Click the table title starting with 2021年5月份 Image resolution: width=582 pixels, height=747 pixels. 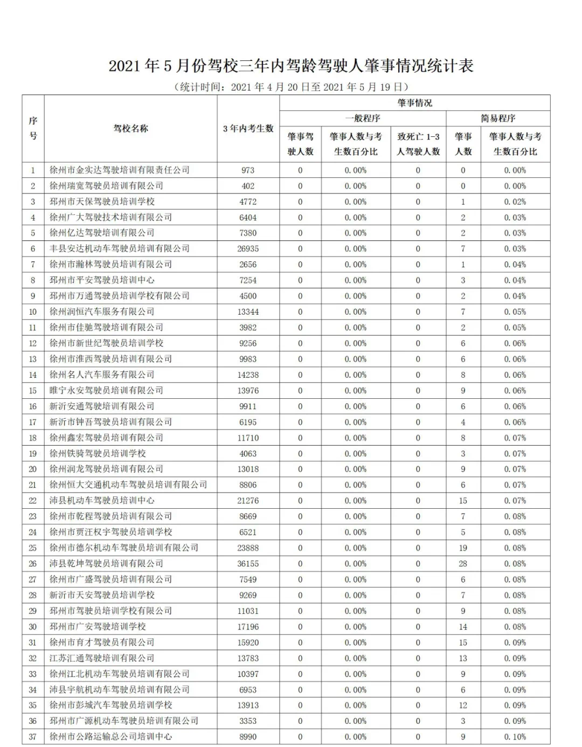(291, 66)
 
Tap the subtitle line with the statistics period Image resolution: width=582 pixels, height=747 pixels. (291, 87)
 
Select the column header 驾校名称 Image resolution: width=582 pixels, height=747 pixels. (130, 128)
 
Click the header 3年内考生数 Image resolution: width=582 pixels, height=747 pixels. (248, 128)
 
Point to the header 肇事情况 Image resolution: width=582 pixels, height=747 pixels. (415, 102)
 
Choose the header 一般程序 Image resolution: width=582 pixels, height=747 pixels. (363, 118)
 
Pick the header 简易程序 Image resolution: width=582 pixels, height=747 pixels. (498, 118)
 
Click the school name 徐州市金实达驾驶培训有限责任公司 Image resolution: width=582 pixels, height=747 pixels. (120, 170)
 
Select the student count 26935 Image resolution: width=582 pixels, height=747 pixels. (248, 248)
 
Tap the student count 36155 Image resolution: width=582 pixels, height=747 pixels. (248, 563)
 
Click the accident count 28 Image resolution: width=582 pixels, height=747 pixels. (463, 563)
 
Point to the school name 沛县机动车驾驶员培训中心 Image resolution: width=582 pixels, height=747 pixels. (102, 500)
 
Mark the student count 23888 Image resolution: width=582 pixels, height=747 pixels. (248, 548)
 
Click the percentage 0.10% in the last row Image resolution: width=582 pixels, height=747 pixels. (515, 736)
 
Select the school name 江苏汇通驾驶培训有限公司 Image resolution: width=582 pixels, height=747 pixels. (102, 658)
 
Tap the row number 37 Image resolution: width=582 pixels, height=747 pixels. (33, 736)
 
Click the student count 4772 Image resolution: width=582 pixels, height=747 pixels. (248, 202)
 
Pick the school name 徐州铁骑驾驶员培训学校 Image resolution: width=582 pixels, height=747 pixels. (98, 453)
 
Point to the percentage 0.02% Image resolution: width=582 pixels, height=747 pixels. (515, 202)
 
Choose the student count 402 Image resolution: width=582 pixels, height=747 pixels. (248, 186)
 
